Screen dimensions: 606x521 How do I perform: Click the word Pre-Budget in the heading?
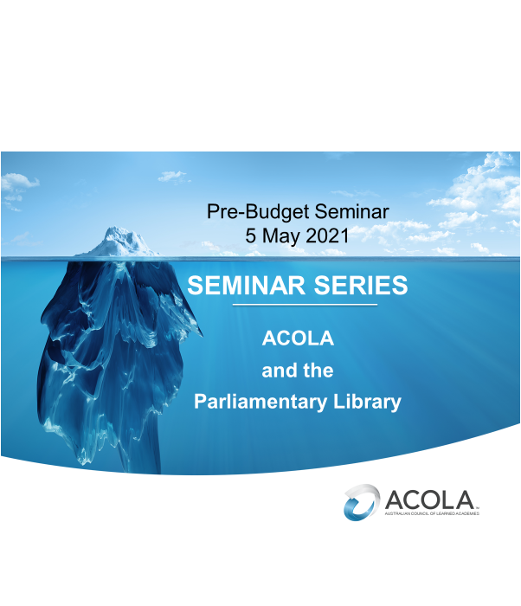pyautogui.click(x=249, y=210)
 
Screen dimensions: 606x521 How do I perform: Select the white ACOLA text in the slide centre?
pyautogui.click(x=298, y=338)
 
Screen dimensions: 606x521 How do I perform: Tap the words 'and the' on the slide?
pyautogui.click(x=298, y=371)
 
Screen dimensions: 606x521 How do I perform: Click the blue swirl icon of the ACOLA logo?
pyautogui.click(x=361, y=502)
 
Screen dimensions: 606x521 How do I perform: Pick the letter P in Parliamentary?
pyautogui.click(x=200, y=403)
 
